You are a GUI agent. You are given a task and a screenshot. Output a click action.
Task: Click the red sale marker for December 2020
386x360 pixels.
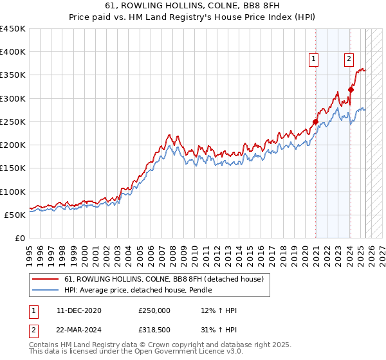tap(315, 122)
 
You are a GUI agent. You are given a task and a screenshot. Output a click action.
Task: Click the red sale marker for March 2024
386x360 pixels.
tap(351, 90)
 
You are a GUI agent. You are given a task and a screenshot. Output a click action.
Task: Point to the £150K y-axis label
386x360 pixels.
tap(13, 168)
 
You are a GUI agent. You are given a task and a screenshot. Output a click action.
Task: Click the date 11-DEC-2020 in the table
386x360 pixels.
tap(79, 310)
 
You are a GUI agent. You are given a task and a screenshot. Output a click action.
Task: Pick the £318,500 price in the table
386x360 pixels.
tap(154, 330)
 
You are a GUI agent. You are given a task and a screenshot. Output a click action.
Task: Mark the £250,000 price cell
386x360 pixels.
tap(154, 310)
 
